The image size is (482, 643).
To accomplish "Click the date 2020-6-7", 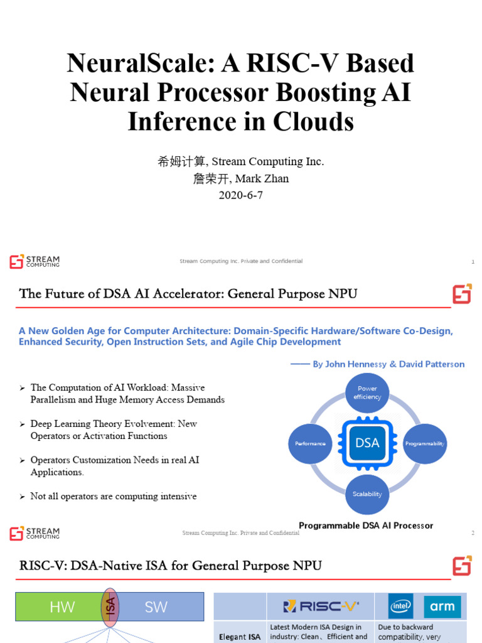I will (x=240, y=195).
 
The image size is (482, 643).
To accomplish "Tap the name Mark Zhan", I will (x=264, y=178).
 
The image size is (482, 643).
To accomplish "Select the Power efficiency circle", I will (x=367, y=392).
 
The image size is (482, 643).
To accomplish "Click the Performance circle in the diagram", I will (x=310, y=443).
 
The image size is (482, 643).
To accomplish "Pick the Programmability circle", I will (x=424, y=443).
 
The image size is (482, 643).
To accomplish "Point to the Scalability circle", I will (x=367, y=494).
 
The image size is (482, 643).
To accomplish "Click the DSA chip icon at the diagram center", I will (x=367, y=443).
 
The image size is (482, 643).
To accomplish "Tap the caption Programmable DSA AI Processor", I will (x=366, y=526).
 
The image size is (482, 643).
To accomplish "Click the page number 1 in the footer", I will (x=473, y=261).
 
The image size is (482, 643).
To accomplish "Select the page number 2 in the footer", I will (x=473, y=533).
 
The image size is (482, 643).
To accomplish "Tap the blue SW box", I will (x=157, y=607).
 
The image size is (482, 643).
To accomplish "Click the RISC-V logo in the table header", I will (x=321, y=607).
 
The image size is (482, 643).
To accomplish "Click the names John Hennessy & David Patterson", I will (x=388, y=364).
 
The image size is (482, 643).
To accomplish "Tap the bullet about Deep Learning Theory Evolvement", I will (x=114, y=430).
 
